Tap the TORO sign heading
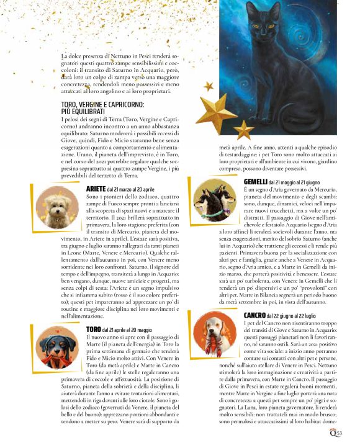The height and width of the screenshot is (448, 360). click(94, 329)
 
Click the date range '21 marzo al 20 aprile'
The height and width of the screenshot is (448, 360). click(130, 189)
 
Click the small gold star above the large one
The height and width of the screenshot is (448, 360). click(208, 86)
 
